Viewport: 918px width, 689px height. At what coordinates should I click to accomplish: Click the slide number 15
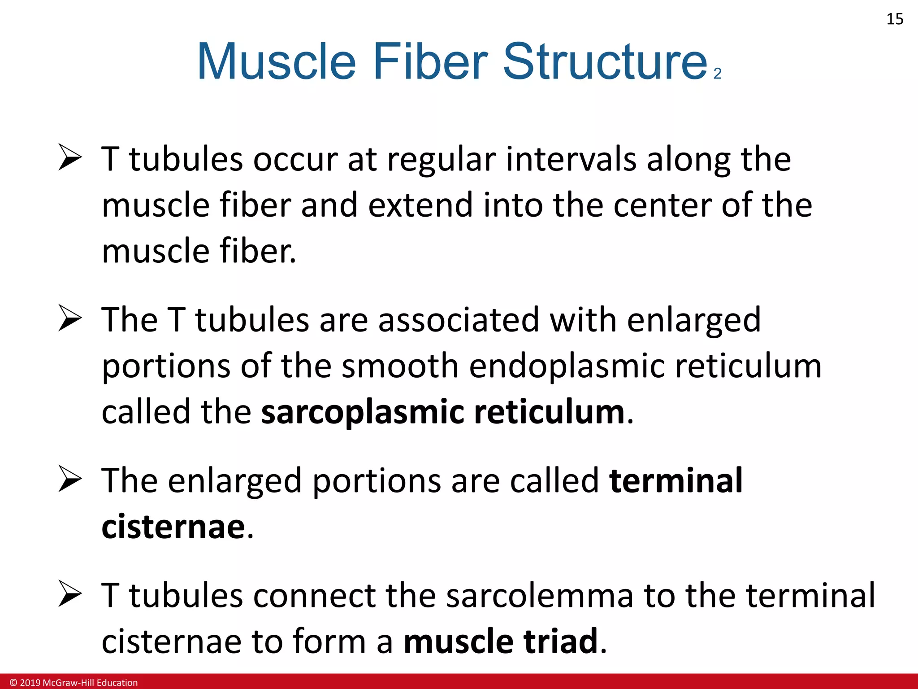tap(895, 19)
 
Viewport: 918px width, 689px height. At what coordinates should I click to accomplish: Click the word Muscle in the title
tap(276, 61)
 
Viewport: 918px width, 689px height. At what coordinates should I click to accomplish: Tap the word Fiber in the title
tap(430, 61)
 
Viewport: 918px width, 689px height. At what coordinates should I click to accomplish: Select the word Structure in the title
tap(605, 61)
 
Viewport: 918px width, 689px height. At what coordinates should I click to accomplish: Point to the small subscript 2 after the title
tap(718, 74)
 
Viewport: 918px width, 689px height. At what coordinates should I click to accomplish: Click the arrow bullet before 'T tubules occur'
tap(70, 158)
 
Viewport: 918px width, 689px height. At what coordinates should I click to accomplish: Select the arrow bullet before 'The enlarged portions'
tap(70, 479)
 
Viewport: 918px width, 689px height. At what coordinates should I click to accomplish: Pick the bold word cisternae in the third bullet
tap(173, 527)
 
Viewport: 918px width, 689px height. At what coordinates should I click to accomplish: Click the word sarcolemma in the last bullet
tap(540, 596)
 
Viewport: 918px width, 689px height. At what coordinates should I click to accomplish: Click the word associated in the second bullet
tap(459, 320)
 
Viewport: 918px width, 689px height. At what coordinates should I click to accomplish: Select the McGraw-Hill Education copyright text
tap(74, 683)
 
